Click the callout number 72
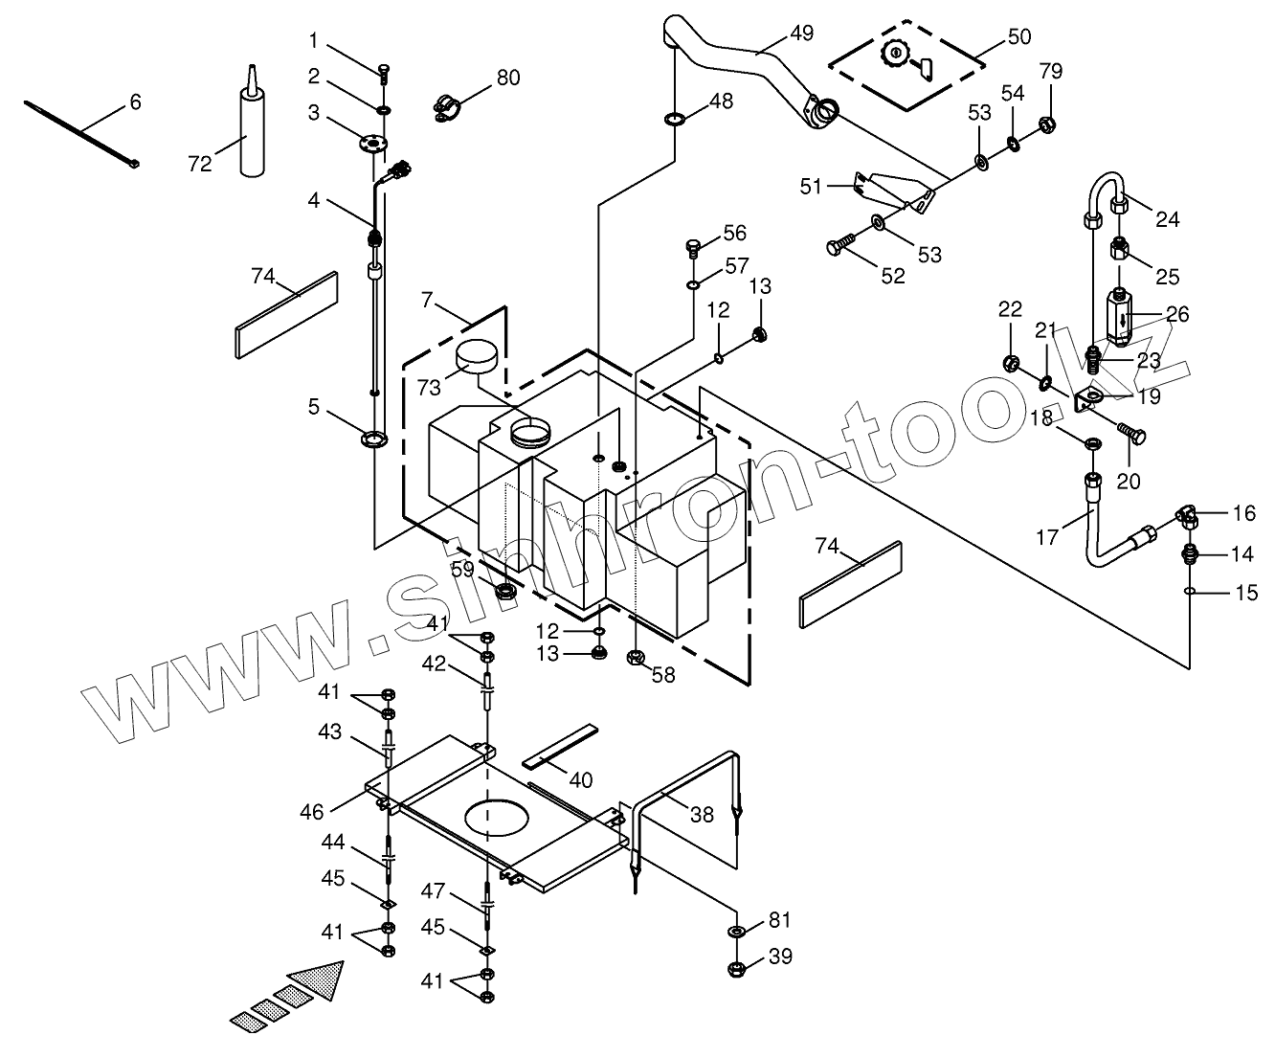tap(199, 164)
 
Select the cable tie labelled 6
tap(82, 134)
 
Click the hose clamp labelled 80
tap(448, 107)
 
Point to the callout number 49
tap(801, 34)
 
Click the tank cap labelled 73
tap(476, 358)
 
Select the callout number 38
tap(702, 814)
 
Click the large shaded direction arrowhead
tap(318, 984)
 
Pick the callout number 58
tap(663, 675)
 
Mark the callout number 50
tap(1019, 36)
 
